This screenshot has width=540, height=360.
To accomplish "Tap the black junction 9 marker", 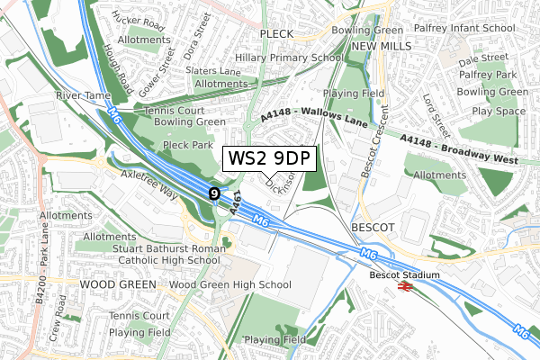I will click(x=214, y=193).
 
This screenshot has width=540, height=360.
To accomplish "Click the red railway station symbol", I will click(x=405, y=286).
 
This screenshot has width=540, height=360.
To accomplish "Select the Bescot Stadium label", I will click(x=405, y=274).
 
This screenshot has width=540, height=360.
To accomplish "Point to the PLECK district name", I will click(x=277, y=33).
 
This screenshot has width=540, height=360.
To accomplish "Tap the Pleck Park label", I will click(x=188, y=144).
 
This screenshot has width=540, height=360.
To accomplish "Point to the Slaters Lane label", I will click(x=214, y=71).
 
